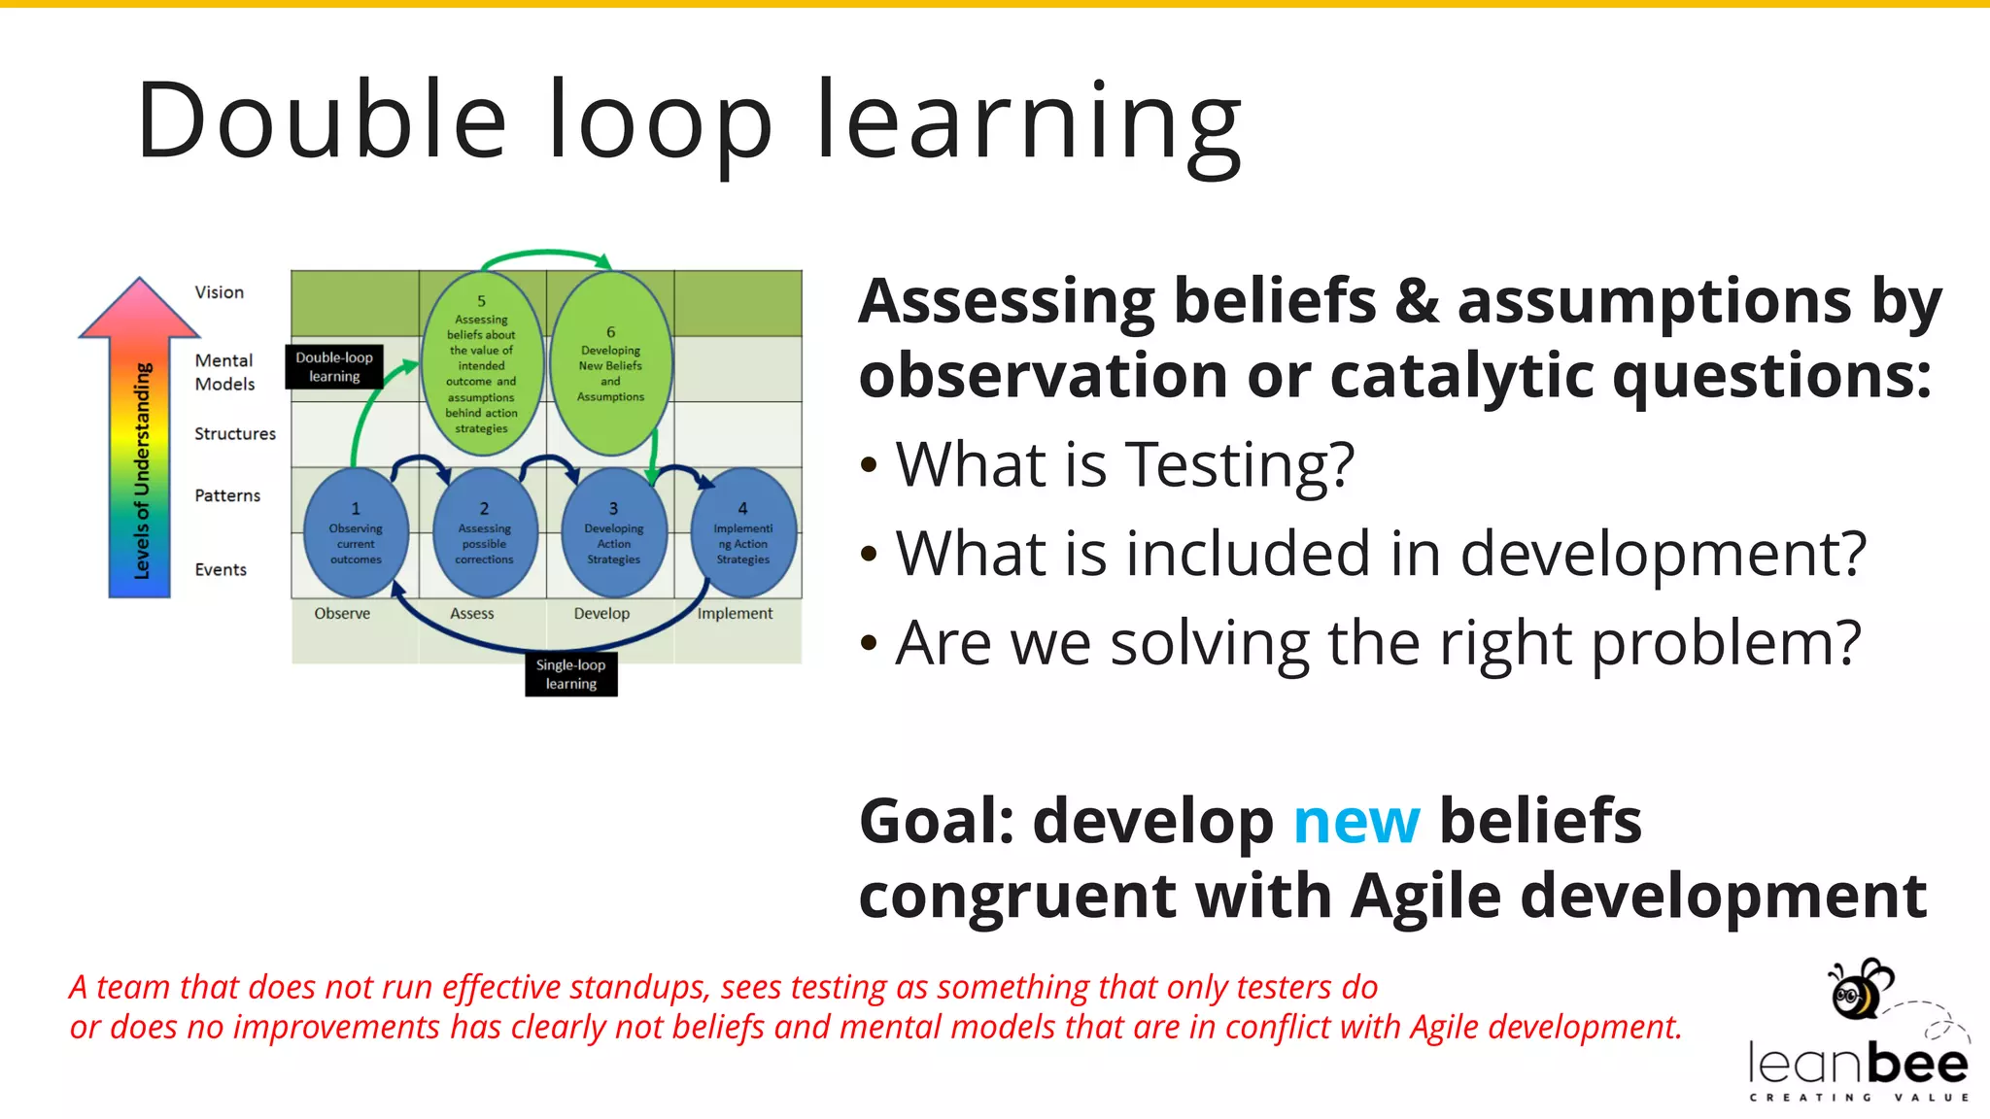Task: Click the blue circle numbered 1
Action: click(356, 532)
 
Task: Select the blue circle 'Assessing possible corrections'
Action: click(484, 532)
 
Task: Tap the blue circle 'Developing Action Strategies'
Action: click(613, 532)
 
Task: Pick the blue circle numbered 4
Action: click(743, 532)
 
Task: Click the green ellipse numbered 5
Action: click(481, 364)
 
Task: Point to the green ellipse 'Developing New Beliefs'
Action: click(610, 364)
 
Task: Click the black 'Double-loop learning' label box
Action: click(334, 366)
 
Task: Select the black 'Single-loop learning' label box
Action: click(570, 674)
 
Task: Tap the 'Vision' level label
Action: click(219, 292)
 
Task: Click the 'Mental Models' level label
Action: click(224, 372)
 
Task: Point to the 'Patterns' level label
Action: click(227, 495)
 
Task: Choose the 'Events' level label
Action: click(221, 569)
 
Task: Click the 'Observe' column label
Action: click(342, 613)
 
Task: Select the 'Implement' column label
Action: click(735, 613)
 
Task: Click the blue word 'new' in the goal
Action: click(1356, 822)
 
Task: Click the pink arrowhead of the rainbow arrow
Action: click(140, 309)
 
